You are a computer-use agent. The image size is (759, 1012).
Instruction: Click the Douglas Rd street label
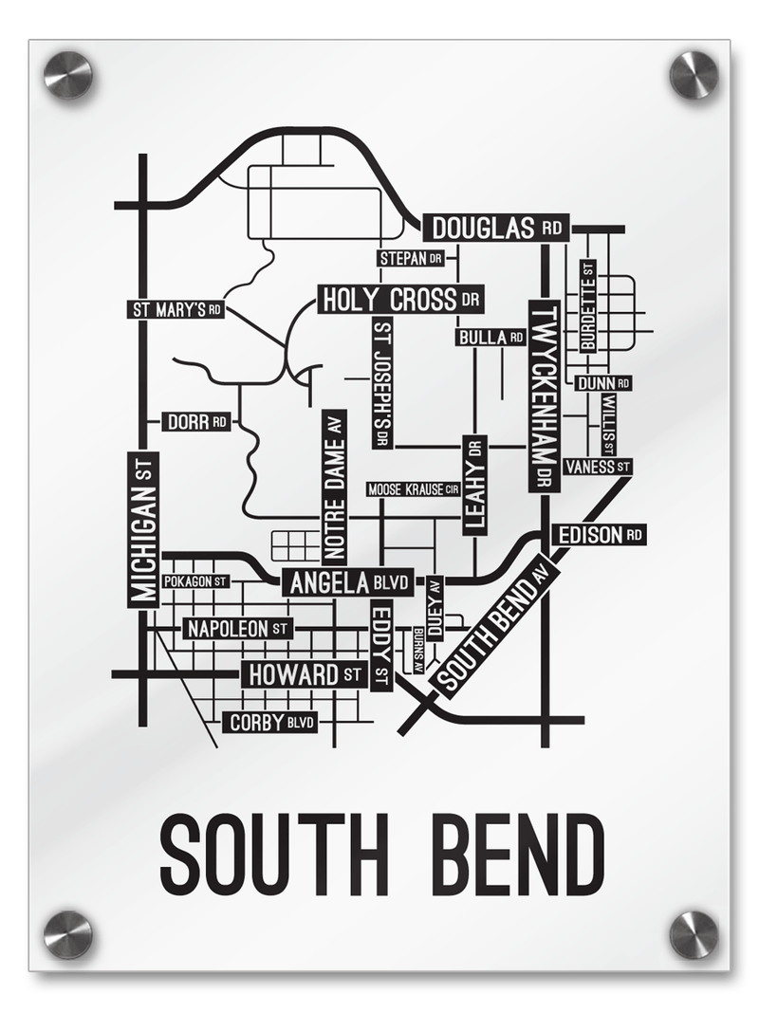[x=495, y=229]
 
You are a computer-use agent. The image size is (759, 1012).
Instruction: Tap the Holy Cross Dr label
[x=401, y=300]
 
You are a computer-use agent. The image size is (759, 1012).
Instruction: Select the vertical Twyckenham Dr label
[x=544, y=396]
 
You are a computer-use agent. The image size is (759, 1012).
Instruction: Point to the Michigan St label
[x=143, y=529]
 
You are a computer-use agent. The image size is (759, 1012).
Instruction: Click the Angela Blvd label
[x=347, y=582]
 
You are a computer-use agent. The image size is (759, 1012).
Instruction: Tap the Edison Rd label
[x=600, y=535]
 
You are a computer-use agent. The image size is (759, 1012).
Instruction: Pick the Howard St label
[x=304, y=674]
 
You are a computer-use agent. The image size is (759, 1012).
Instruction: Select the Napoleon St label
[x=237, y=628]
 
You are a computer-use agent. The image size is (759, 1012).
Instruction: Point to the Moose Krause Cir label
[x=413, y=489]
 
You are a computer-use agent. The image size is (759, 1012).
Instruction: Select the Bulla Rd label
[x=491, y=337]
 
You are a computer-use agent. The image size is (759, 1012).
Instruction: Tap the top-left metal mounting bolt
[x=68, y=75]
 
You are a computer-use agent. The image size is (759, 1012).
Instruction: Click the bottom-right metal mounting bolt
[x=694, y=934]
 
